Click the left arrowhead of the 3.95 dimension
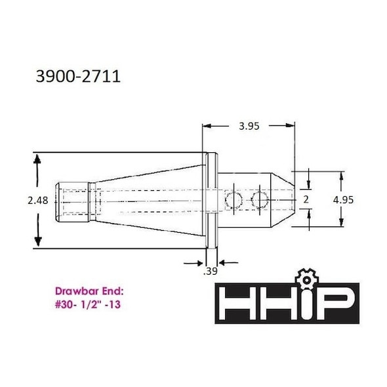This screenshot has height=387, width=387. (206, 126)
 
